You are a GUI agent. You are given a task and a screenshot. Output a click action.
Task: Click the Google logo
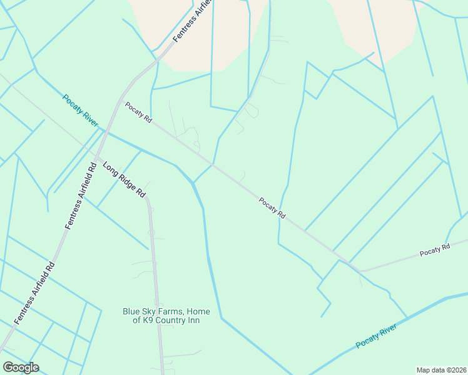pyautogui.click(x=21, y=367)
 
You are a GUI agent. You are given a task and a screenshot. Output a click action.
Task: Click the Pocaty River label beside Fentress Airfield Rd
pyautogui.click(x=80, y=111)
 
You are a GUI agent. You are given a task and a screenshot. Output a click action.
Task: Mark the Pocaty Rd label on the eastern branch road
pyautogui.click(x=435, y=249)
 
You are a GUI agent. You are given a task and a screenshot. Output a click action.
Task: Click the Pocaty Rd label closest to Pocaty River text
pyautogui.click(x=138, y=112)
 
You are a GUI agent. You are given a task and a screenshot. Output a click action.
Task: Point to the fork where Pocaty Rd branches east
pyautogui.click(x=359, y=271)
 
